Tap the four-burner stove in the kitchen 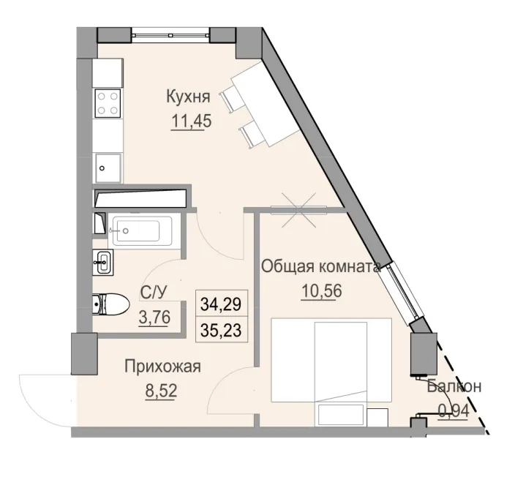[109, 102]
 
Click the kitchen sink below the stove [108, 167]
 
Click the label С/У [154, 293]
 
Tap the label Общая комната [321, 267]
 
